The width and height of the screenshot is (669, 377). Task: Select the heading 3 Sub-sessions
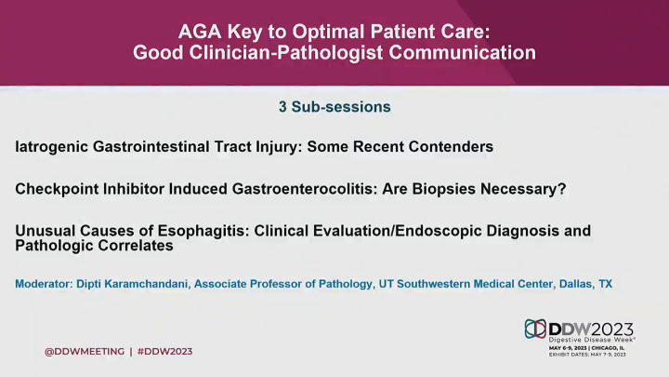[334, 107]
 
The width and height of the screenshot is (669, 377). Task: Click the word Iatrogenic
[53, 147]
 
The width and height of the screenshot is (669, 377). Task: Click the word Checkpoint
[55, 189]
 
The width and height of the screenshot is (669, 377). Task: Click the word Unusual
[44, 231]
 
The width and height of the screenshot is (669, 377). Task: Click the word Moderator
[46, 284]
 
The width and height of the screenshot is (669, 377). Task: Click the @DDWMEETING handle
[85, 351]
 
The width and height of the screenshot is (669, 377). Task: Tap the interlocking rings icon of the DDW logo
[536, 329]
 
